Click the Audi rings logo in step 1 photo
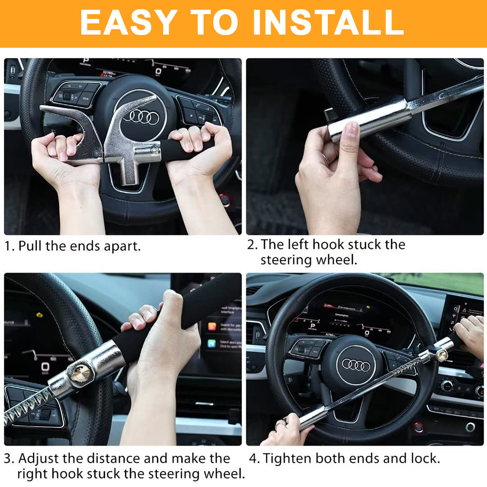(141, 116)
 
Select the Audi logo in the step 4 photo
(356, 365)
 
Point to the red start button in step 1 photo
(225, 200)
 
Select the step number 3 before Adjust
(8, 458)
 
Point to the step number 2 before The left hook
(252, 244)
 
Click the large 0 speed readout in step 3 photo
(45, 367)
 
